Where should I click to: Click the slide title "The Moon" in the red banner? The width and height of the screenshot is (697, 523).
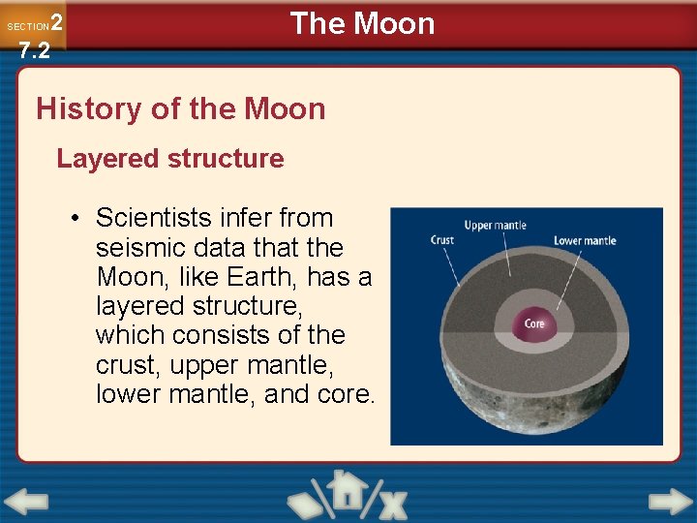(363, 23)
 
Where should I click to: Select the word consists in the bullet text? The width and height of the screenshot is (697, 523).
(214, 335)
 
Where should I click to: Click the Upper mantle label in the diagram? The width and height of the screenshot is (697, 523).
(495, 226)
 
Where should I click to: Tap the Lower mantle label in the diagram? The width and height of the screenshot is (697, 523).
(584, 240)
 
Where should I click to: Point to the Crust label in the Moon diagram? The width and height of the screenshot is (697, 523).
(442, 240)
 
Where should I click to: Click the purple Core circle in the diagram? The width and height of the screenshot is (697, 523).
(534, 323)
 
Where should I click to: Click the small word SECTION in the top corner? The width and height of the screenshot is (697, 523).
(27, 26)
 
